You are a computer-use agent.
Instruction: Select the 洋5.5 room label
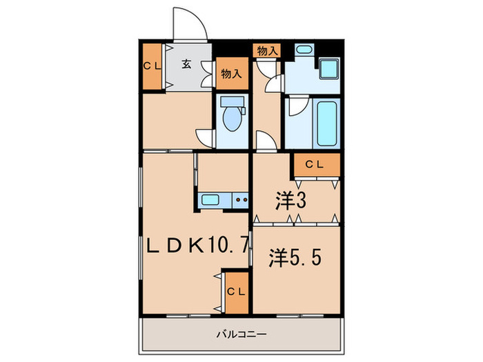click(294, 260)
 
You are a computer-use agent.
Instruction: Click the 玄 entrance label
click(186, 66)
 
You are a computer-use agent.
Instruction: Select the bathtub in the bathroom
click(325, 123)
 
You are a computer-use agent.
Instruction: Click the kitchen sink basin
click(210, 200)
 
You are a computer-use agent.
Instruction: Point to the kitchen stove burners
click(241, 200)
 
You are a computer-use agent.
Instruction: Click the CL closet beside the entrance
click(153, 67)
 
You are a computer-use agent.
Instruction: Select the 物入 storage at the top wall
click(267, 50)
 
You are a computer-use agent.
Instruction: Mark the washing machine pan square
click(330, 72)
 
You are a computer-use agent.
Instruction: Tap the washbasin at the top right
click(303, 51)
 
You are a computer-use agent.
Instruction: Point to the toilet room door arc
click(204, 137)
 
